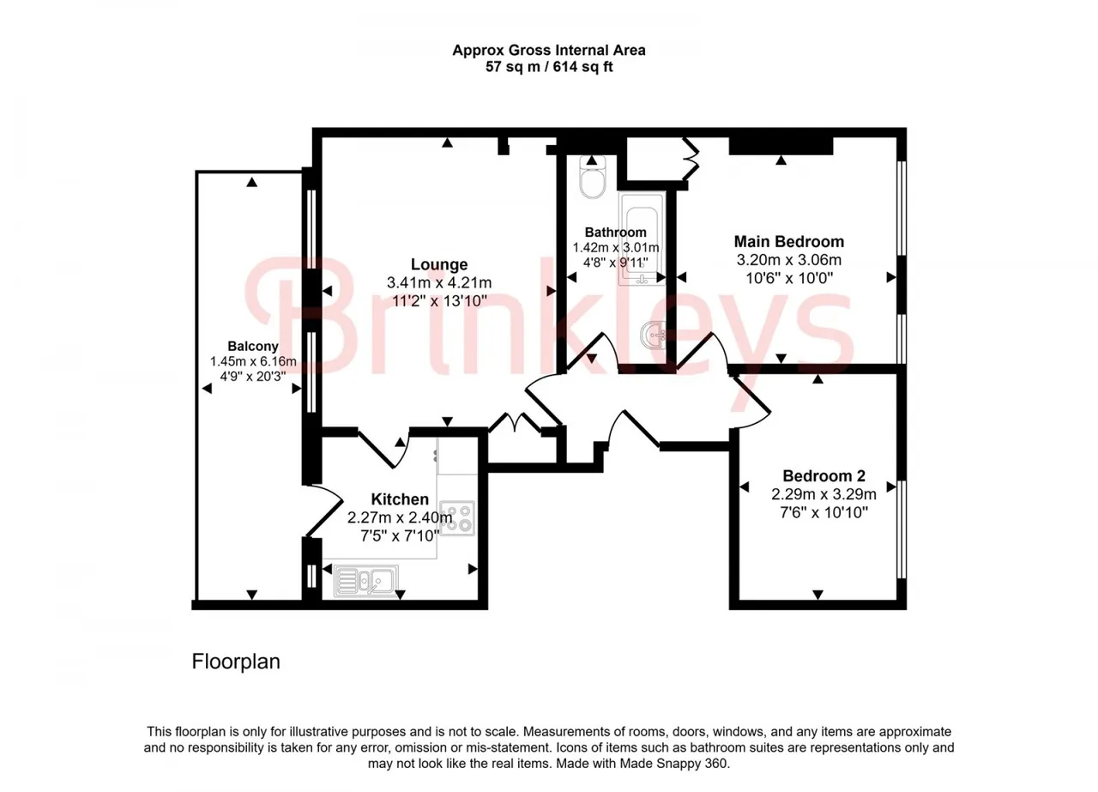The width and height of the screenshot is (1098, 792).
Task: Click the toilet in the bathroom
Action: (592, 177)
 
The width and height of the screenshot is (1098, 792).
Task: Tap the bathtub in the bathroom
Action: (642, 239)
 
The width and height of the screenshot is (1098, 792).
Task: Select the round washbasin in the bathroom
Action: (653, 335)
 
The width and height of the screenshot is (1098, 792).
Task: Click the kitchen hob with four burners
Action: (457, 518)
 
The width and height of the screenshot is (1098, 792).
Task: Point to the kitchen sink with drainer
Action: (365, 581)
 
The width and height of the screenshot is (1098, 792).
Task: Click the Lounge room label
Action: (438, 264)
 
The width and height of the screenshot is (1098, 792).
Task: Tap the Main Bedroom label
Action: (788, 241)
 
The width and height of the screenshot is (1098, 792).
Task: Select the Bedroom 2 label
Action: (823, 475)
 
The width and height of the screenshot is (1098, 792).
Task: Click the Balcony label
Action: (253, 346)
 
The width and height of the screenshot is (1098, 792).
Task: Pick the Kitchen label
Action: (400, 499)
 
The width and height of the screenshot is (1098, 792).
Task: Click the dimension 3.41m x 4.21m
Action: (438, 283)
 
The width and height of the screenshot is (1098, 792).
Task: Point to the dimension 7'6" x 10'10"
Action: (823, 513)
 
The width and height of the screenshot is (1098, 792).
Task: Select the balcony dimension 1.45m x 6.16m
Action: (253, 362)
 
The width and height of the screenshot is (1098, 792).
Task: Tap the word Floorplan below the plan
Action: (236, 662)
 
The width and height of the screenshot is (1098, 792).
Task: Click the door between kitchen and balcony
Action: (324, 510)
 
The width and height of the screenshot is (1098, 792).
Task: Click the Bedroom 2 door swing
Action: (750, 400)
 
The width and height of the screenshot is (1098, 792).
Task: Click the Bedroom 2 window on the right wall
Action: (902, 529)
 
